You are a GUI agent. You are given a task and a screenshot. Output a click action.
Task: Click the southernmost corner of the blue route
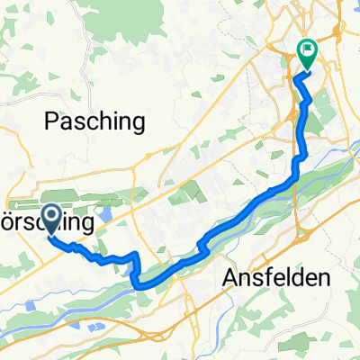coord(138,285)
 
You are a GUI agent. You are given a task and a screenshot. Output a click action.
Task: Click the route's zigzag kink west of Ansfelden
coord(204,241)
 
